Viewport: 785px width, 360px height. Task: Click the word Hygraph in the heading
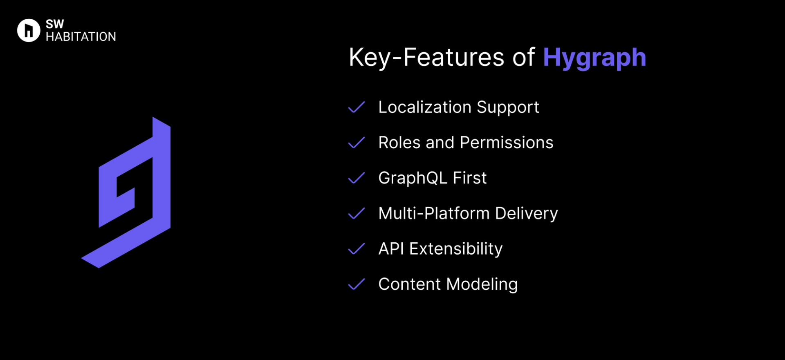coord(594,58)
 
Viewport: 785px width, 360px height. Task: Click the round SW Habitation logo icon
coord(29,30)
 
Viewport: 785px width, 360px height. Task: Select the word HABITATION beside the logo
coord(81,37)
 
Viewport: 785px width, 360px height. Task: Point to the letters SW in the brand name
coord(55,24)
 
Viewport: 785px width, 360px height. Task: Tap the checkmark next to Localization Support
coord(356,107)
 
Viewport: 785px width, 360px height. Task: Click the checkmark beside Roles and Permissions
coord(356,143)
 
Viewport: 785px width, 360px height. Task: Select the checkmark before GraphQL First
coord(356,178)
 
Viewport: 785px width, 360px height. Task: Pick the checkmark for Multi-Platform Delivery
coord(356,213)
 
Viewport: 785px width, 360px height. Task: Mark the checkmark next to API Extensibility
coord(356,249)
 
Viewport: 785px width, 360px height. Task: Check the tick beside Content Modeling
coord(356,284)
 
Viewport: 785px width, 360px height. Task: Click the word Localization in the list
coord(425,107)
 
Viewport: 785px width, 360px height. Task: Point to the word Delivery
coord(526,214)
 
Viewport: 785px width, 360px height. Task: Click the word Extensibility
coord(456,249)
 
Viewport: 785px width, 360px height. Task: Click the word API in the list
coord(391,249)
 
